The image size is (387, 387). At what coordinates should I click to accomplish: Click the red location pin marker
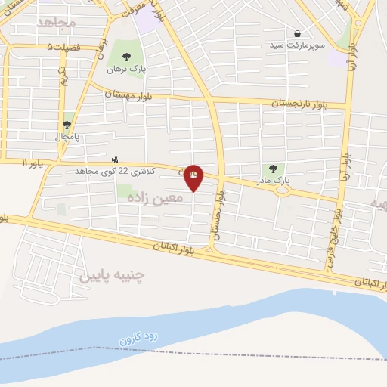click(x=193, y=177)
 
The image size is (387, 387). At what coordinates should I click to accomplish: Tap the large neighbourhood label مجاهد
click(x=57, y=23)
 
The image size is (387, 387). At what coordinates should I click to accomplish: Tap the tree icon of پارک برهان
click(x=126, y=57)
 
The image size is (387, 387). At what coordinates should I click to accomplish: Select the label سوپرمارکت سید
click(x=298, y=45)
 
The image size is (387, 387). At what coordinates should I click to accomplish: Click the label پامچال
click(x=67, y=137)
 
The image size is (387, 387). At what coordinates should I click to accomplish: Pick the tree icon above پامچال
click(x=67, y=125)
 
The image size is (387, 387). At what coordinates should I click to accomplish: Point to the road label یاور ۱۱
click(x=34, y=163)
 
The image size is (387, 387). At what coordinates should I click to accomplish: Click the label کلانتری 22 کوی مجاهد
click(x=114, y=172)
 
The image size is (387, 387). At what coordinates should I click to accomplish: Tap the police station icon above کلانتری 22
click(x=115, y=159)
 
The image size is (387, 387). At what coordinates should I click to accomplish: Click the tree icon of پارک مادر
click(x=273, y=169)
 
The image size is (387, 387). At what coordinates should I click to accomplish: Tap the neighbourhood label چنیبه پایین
click(x=111, y=274)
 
